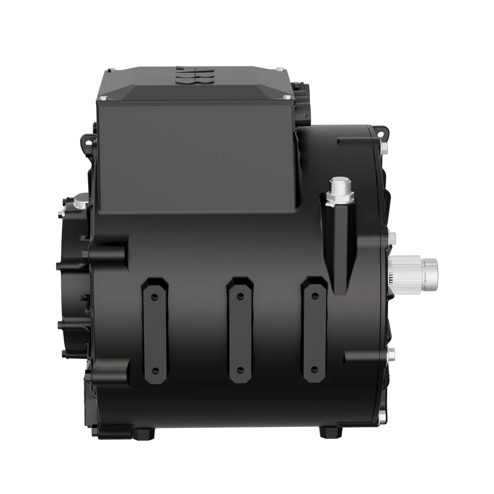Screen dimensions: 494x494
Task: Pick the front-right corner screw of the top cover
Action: (x=287, y=97)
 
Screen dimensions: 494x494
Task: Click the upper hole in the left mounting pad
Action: (x=154, y=296)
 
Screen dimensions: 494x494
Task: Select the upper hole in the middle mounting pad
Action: (x=240, y=296)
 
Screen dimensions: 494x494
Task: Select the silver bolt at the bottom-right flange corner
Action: (x=383, y=418)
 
